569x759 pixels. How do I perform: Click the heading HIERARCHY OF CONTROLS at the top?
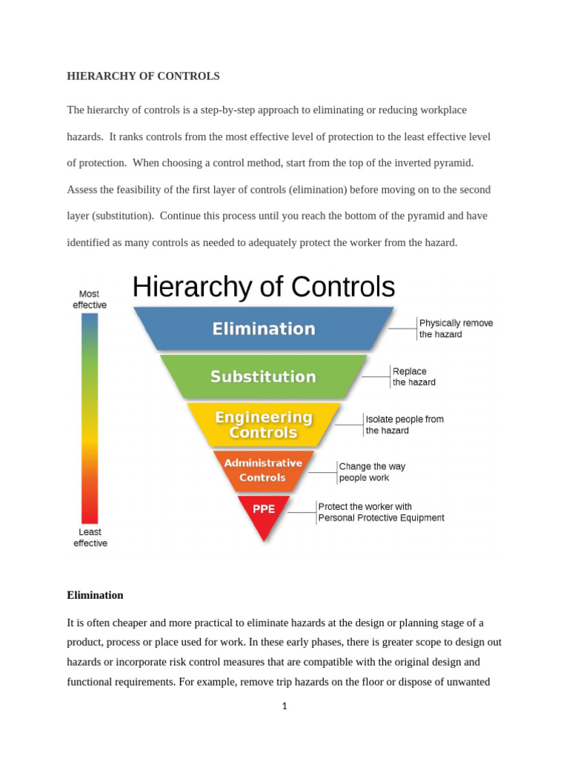click(144, 76)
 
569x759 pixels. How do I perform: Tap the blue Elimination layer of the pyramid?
click(264, 328)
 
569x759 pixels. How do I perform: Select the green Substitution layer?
click(263, 377)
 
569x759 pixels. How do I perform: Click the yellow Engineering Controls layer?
click(263, 425)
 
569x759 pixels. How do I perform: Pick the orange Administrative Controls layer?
click(263, 471)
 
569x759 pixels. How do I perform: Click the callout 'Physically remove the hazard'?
click(456, 328)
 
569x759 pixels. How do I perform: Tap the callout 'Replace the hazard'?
click(413, 377)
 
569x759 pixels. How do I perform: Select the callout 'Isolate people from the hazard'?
click(405, 425)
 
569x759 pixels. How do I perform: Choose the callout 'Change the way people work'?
click(372, 472)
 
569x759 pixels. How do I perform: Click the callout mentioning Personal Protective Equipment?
click(381, 512)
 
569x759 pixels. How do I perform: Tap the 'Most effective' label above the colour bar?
click(89, 299)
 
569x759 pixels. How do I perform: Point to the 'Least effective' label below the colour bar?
click(90, 537)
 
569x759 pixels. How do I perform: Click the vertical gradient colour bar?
click(90, 418)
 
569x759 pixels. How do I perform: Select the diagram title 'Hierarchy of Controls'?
click(263, 287)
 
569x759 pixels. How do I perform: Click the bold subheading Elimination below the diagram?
click(95, 595)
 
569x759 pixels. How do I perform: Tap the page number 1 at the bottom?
click(284, 706)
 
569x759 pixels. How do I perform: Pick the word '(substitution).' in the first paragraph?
click(124, 216)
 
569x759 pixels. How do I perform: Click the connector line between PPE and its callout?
click(302, 512)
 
